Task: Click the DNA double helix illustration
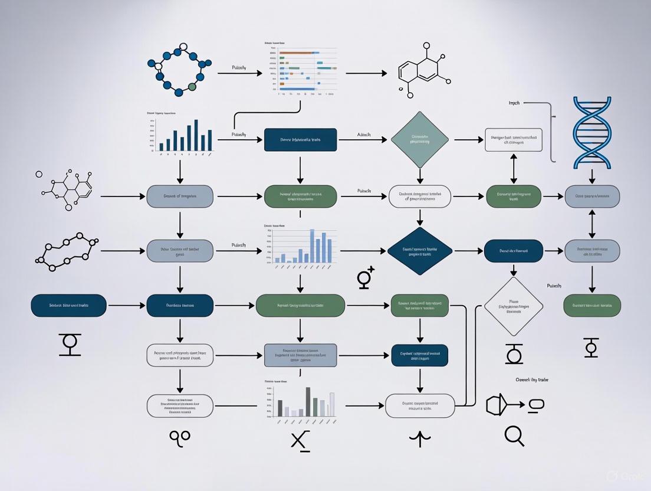[x=592, y=133]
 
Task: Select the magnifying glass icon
[x=514, y=436]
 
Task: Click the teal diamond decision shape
[x=420, y=139]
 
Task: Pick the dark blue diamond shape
[x=420, y=251]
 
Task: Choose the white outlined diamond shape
[x=513, y=306]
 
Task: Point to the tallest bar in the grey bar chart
[x=308, y=401]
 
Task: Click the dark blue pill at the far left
[x=68, y=306]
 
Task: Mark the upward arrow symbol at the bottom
[x=419, y=438]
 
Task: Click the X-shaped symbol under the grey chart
[x=301, y=440]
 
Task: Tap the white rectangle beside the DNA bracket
[x=513, y=139]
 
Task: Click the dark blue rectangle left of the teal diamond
[x=301, y=139]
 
